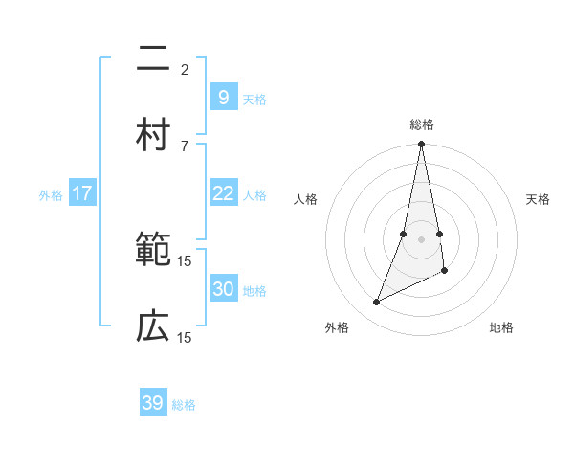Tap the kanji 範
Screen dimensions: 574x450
coord(153,252)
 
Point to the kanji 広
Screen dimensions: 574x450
coord(153,327)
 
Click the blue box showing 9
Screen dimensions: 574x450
coord(223,97)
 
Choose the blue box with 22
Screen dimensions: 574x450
coord(223,193)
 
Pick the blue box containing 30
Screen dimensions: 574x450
coord(223,289)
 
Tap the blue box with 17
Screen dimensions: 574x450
coord(82,193)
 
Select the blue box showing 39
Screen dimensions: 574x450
coord(153,403)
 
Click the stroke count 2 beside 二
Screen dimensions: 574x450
coord(185,70)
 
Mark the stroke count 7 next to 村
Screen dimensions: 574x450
coord(185,146)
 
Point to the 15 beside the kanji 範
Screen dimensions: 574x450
coord(185,260)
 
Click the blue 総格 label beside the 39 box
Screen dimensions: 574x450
coord(184,405)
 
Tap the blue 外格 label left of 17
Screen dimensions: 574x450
coord(51,195)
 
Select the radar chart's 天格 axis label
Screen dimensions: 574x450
coord(538,199)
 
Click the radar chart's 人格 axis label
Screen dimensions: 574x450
coord(306,199)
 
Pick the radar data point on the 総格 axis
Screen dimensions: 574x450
coord(421,145)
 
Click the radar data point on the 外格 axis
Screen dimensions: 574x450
coord(377,303)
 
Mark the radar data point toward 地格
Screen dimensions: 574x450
coord(445,272)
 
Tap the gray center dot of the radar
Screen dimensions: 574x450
coord(421,239)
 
